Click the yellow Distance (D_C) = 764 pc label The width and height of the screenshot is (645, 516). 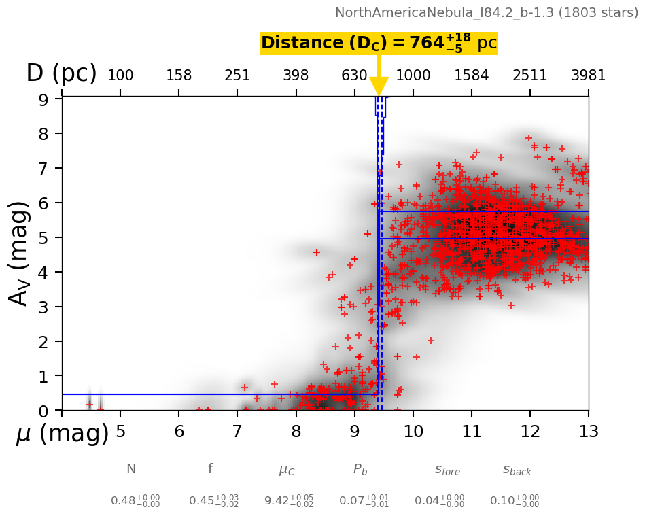[x=379, y=44]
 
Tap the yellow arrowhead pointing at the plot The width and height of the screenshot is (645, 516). [x=379, y=86]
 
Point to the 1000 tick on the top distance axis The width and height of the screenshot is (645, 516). [x=413, y=75]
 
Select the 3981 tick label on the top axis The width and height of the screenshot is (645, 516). [x=588, y=75]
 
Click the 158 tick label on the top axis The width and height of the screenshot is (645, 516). [x=179, y=75]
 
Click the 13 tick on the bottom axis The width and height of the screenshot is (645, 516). [x=588, y=432]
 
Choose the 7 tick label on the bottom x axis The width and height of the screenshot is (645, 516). [x=237, y=432]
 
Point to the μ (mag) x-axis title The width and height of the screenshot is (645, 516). [x=62, y=433]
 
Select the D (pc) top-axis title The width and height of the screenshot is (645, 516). [x=61, y=73]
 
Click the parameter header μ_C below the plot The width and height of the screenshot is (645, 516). [x=287, y=470]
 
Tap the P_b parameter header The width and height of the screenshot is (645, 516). [x=360, y=469]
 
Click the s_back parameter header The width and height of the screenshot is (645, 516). [x=517, y=470]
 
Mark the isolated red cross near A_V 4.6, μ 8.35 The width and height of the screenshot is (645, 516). [x=316, y=252]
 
